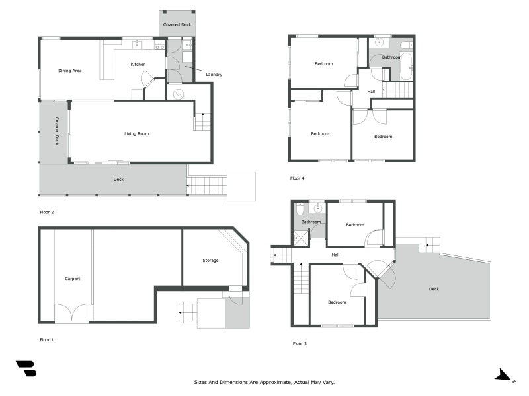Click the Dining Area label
click(69, 71)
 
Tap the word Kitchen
click(138, 65)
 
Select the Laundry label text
click(214, 75)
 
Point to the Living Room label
click(136, 134)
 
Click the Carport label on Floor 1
click(72, 279)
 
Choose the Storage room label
click(210, 261)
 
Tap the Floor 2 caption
click(46, 213)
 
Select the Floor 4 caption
click(297, 178)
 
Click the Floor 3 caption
click(300, 343)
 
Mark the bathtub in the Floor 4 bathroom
click(405, 67)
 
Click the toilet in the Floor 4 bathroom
click(405, 45)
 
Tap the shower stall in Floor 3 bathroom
click(300, 235)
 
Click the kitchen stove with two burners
click(159, 47)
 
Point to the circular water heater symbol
click(177, 94)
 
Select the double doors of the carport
click(71, 313)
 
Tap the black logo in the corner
click(26, 368)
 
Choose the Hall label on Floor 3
click(335, 254)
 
